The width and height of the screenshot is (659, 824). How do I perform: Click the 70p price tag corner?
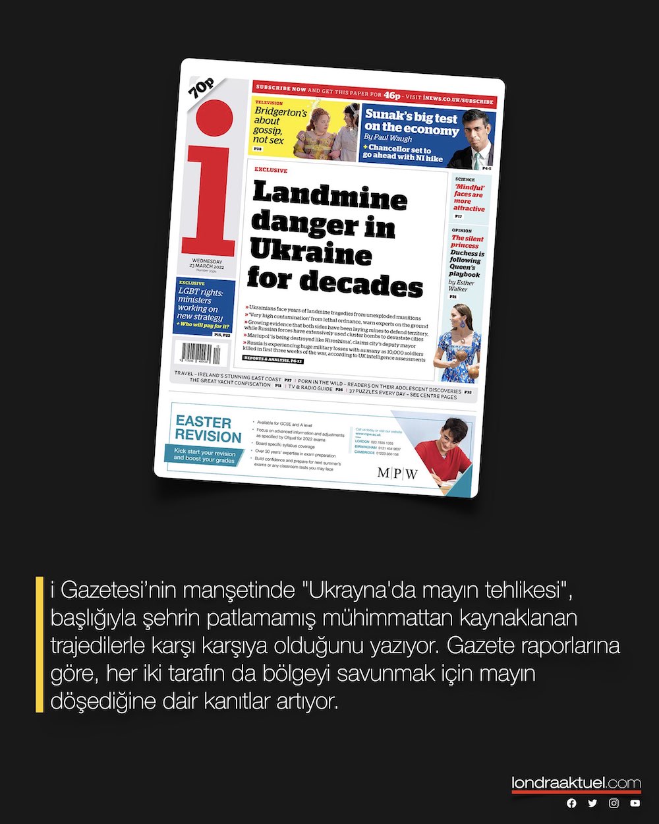tap(200, 86)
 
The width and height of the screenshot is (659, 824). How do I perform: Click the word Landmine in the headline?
tap(329, 196)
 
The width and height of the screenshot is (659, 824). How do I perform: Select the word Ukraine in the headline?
tap(311, 254)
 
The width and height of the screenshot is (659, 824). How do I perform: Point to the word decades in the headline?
tap(362, 285)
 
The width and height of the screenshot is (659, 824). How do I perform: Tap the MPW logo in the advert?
tap(397, 473)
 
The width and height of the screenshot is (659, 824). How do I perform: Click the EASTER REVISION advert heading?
tap(208, 429)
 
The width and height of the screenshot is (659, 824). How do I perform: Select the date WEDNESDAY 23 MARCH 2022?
tap(207, 264)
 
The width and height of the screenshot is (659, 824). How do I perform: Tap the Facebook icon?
tap(571, 803)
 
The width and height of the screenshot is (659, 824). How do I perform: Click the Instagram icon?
tap(614, 803)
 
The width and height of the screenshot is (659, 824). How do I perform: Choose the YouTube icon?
tap(635, 803)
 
